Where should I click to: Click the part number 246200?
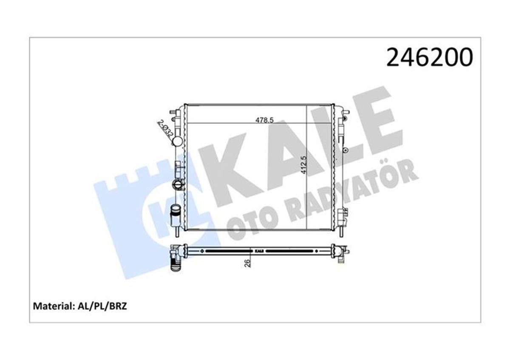(x=429, y=57)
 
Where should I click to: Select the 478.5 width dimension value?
(x=263, y=120)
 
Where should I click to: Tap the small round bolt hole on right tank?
(x=346, y=150)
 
